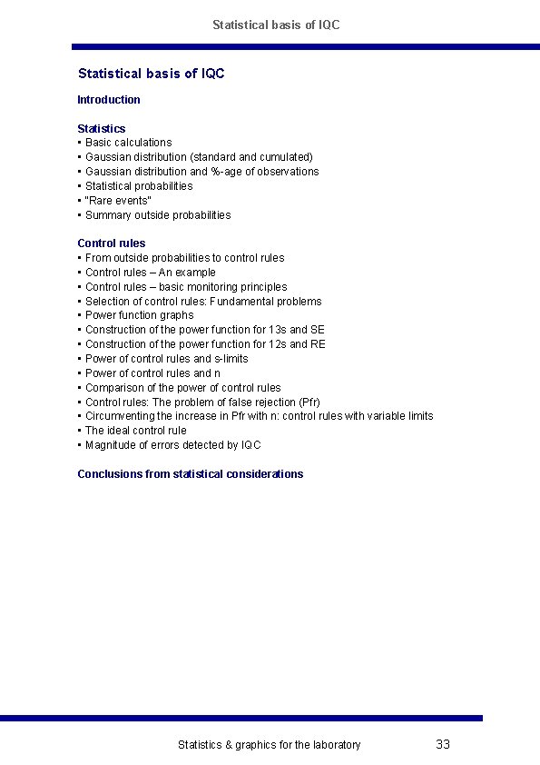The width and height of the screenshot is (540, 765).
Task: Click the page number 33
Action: tap(443, 744)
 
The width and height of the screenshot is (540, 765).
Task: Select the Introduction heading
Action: tap(109, 100)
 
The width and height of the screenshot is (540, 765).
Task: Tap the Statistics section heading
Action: tap(102, 128)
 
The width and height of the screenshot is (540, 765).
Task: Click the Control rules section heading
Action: tap(112, 243)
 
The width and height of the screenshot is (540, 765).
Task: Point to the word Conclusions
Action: tap(110, 473)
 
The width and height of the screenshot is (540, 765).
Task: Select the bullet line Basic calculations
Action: tap(128, 143)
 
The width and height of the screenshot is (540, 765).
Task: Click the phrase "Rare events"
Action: tap(119, 200)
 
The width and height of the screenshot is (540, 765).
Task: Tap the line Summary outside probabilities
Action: tap(158, 215)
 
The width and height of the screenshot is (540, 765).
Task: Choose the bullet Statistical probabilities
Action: tap(139, 185)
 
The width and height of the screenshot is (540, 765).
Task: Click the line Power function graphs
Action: tap(139, 315)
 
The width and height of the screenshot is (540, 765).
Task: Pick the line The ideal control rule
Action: tap(136, 431)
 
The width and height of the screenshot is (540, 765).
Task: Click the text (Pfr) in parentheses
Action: tap(309, 402)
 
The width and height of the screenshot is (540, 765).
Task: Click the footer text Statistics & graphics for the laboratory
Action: tap(269, 745)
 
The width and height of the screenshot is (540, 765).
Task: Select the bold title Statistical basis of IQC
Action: tap(151, 73)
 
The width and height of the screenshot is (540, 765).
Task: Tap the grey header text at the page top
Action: tap(276, 25)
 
